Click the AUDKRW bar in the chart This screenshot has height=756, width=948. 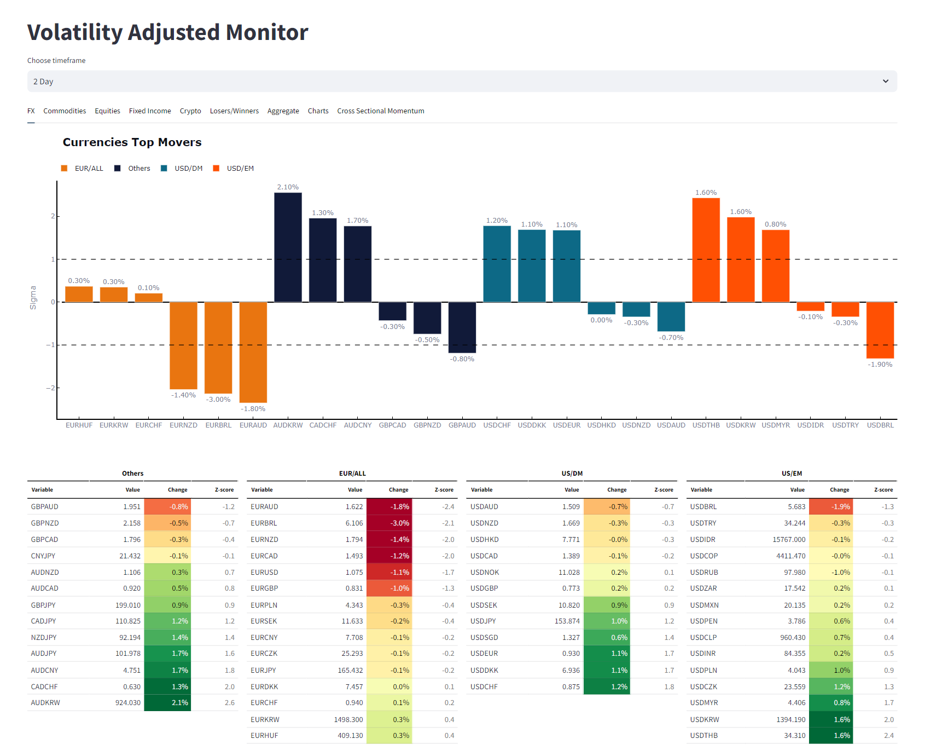tap(288, 247)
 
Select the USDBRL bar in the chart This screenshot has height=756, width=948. tap(880, 330)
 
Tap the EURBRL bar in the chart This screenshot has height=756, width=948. tap(218, 348)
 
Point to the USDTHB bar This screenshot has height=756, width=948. tap(706, 250)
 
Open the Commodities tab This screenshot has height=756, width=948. tap(65, 111)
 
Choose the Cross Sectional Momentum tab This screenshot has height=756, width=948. tap(380, 111)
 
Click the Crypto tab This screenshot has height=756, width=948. tap(190, 111)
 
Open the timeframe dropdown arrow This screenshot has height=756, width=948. tap(885, 82)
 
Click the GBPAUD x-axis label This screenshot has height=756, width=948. tap(462, 425)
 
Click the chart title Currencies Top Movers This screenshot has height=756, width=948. tap(132, 142)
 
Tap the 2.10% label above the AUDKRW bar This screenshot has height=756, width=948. tap(288, 187)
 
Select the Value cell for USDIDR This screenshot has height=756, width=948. tap(788, 540)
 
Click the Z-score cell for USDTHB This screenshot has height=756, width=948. tap(888, 736)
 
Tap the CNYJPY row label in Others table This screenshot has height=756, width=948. tap(43, 556)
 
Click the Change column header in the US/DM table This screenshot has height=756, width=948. tap(617, 490)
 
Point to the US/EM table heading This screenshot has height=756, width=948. tap(792, 474)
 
